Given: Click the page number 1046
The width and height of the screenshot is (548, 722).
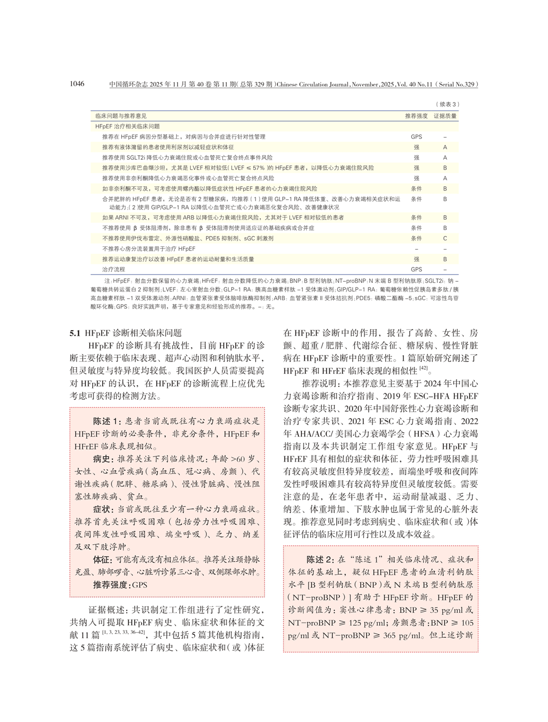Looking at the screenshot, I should [x=77, y=84].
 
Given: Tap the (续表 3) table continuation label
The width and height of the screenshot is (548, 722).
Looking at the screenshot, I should [x=447, y=104].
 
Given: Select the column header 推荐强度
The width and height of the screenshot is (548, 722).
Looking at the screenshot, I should [x=416, y=116].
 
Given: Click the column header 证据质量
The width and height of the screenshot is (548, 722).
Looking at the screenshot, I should [x=445, y=116].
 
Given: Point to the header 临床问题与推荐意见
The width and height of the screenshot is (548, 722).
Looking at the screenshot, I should [x=121, y=116].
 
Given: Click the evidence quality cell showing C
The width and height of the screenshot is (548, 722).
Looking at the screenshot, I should [x=445, y=239].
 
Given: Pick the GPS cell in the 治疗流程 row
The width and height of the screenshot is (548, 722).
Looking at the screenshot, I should [x=416, y=269].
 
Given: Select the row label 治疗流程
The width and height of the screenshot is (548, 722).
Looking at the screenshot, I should [x=114, y=269].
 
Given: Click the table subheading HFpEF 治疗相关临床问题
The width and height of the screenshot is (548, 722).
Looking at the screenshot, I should [x=128, y=126].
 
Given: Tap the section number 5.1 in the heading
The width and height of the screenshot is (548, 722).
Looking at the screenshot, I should [x=75, y=333].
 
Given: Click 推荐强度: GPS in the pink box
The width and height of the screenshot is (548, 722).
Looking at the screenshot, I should [x=120, y=585].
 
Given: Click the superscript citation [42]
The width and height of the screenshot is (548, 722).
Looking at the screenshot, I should [x=423, y=368].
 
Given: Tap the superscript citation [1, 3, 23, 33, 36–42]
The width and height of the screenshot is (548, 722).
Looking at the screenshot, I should [x=124, y=632].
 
